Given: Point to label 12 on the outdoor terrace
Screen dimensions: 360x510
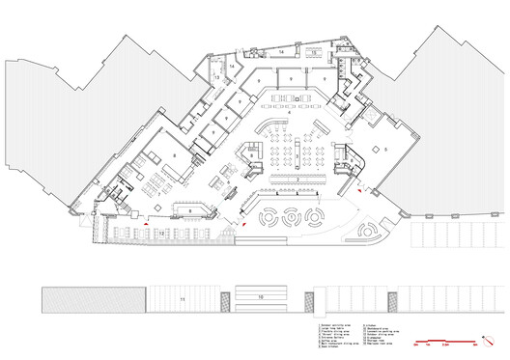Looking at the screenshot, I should (x=162, y=232).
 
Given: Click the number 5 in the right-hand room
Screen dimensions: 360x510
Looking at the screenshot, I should (x=384, y=151).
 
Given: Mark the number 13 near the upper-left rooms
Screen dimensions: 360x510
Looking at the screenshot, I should (x=217, y=75).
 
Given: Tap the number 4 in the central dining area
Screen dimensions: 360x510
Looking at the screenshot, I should (x=289, y=113).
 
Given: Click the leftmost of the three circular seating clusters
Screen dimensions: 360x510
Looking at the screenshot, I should (x=266, y=216).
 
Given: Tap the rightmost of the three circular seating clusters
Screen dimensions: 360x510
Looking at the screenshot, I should (x=313, y=216).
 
